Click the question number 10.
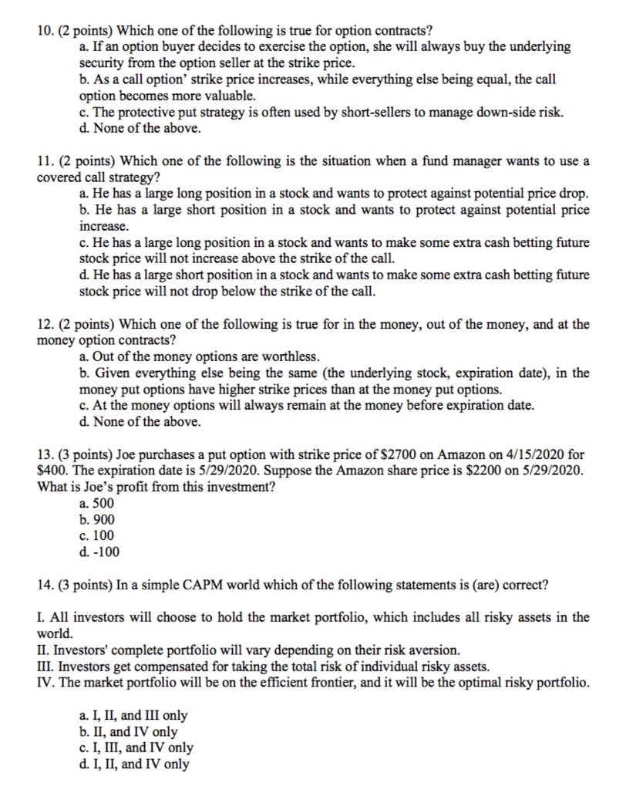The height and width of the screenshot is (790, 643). pyautogui.click(x=45, y=31)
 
